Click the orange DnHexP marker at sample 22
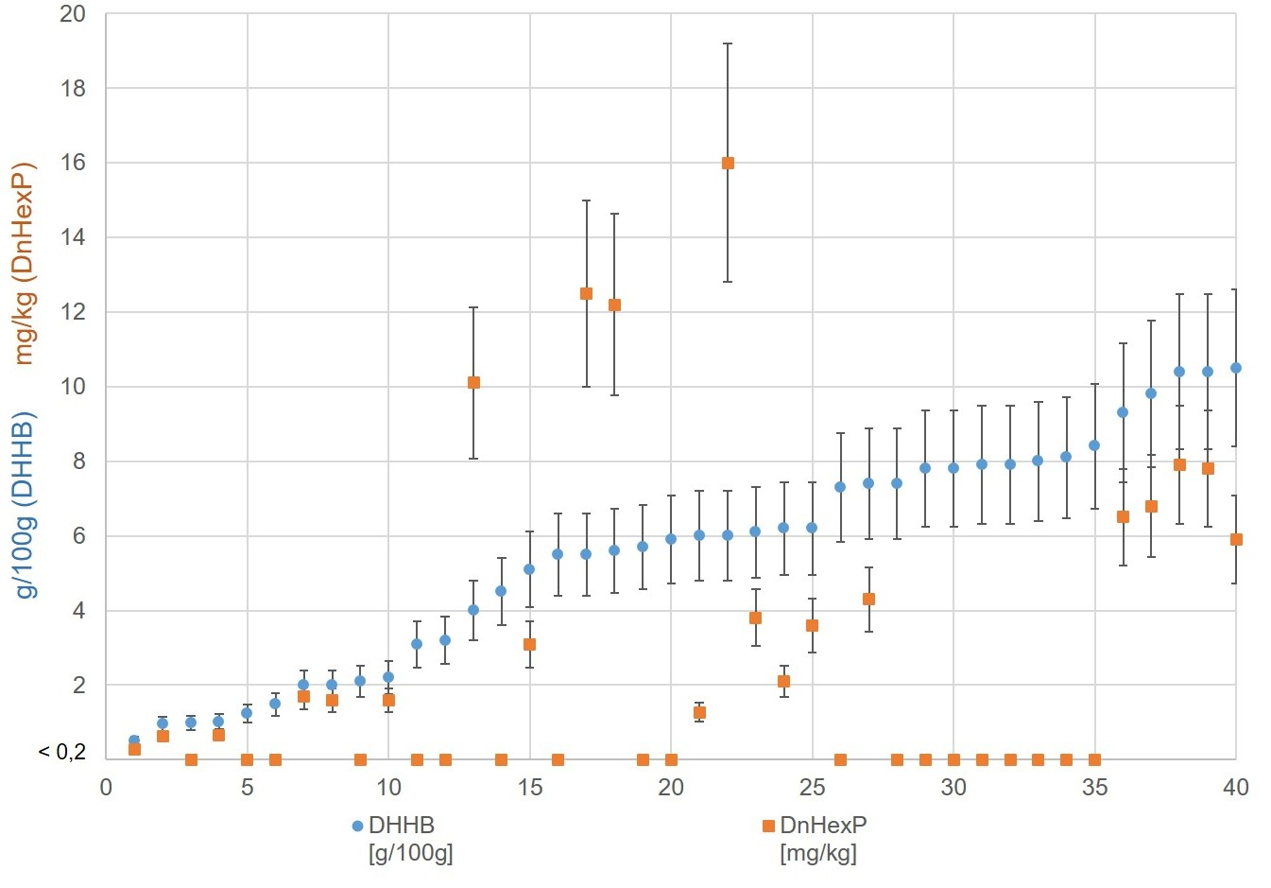pos(728,163)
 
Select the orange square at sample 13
pos(473,382)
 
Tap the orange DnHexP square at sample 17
pos(586,293)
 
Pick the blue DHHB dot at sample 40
pos(1235,368)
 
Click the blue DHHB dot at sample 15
pos(529,569)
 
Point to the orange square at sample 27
pos(868,599)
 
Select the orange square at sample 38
pos(1179,464)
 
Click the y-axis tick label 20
pos(72,14)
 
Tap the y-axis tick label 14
pos(72,237)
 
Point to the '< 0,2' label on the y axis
pos(61,752)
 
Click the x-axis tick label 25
pos(812,787)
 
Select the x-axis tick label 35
pos(1094,787)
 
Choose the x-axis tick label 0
pos(106,787)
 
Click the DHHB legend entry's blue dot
pos(357,826)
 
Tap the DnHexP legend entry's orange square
pos(768,826)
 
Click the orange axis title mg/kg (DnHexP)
pos(25,263)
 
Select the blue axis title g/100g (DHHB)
pos(25,504)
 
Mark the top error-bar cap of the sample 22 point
pos(728,44)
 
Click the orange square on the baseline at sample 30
pos(953,759)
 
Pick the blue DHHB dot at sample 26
pos(840,487)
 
